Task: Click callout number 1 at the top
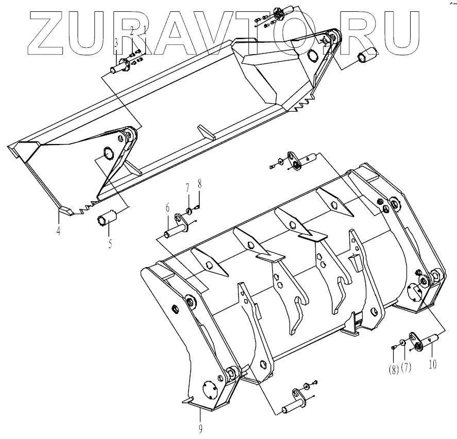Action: [x=145, y=30]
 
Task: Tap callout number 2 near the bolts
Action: [x=132, y=31]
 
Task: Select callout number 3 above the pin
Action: [x=117, y=42]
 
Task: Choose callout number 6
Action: [x=168, y=208]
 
